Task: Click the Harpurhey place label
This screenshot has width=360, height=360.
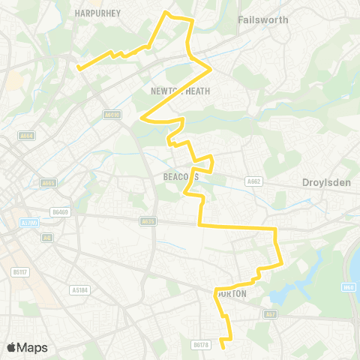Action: (x=94, y=13)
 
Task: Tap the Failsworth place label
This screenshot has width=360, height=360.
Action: (x=262, y=19)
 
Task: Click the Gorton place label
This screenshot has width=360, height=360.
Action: (x=231, y=294)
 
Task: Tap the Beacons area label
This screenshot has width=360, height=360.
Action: (x=180, y=177)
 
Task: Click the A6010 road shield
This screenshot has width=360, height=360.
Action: (x=112, y=115)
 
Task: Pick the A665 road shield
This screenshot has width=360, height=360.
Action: (x=49, y=182)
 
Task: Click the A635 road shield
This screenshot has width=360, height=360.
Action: (x=148, y=220)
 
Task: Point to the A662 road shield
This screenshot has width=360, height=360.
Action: (x=253, y=181)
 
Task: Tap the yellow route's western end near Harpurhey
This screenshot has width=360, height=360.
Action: (x=78, y=66)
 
